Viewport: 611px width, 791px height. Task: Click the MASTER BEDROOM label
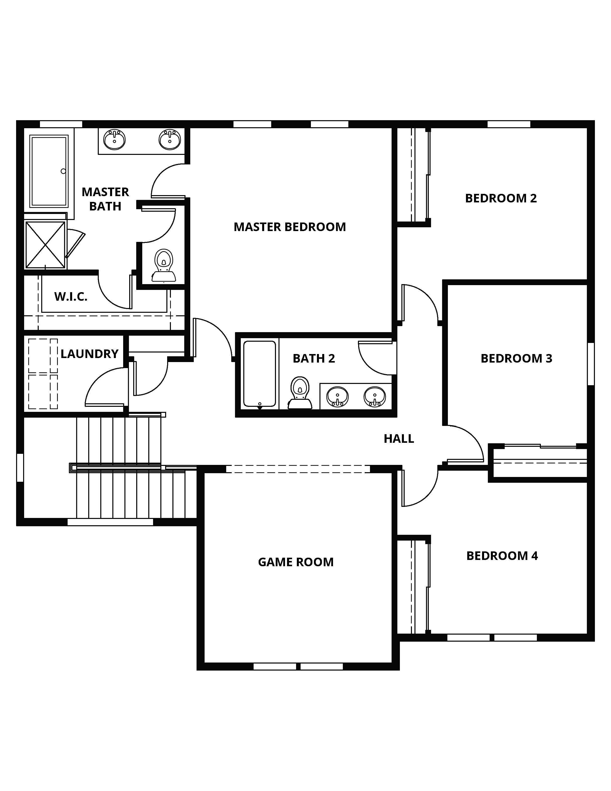tap(290, 227)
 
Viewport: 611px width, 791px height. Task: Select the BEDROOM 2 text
tap(501, 198)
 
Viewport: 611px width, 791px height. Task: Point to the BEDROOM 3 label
tap(516, 358)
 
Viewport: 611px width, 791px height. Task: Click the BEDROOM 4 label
tap(502, 556)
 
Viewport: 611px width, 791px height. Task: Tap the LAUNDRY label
tap(89, 354)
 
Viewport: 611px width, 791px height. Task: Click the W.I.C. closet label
tap(71, 297)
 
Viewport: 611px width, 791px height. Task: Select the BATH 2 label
tap(314, 358)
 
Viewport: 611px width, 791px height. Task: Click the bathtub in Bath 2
tap(260, 374)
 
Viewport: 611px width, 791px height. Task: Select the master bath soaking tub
tap(49, 171)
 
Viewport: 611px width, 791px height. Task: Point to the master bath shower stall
tap(45, 245)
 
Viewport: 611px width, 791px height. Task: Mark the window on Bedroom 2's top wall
tap(509, 124)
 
